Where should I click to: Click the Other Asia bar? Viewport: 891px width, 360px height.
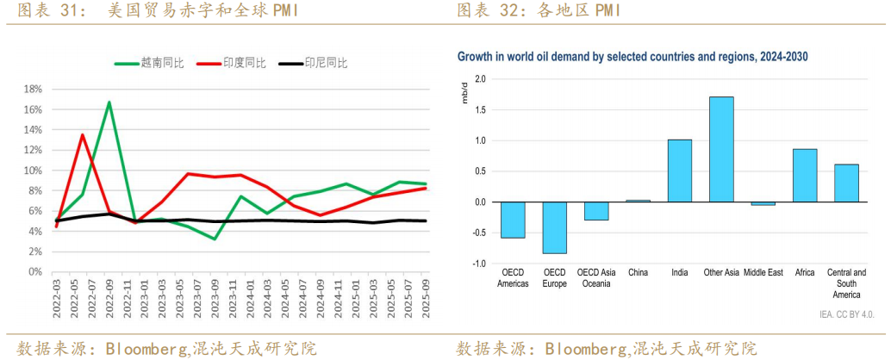pos(721,149)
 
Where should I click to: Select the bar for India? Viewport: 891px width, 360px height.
pos(680,171)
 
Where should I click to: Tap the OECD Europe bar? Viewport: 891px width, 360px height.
pos(554,227)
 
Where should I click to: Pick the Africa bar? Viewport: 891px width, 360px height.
pos(805,176)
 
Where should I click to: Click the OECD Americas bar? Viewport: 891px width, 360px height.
pos(513,220)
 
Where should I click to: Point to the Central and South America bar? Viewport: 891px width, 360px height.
pos(846,183)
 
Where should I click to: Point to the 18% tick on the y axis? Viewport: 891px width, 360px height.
pos(32,89)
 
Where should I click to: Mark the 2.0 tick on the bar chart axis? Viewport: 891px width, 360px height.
pos(481,79)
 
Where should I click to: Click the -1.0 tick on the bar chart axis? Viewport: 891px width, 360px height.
pos(479,264)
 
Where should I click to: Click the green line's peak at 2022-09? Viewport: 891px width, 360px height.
pos(109,102)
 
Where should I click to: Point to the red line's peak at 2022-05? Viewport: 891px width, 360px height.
pos(83,134)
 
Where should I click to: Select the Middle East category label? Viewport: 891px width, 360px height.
pos(763,273)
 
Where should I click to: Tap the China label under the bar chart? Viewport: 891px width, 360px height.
pos(638,273)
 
